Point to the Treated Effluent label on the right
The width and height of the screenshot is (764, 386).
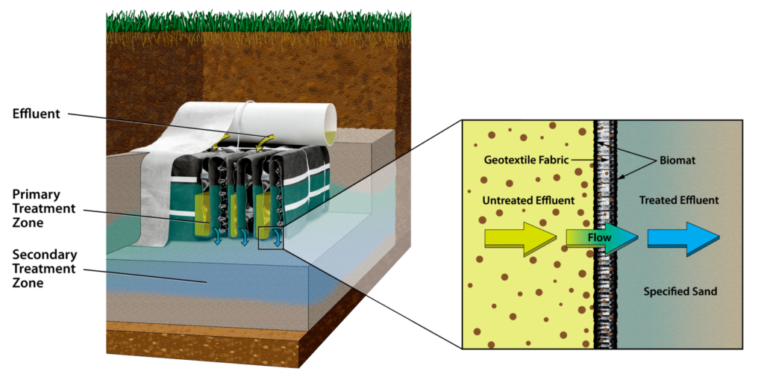coord(679,200)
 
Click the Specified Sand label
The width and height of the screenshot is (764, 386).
coord(680,291)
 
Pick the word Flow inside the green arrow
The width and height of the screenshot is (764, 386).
coord(598,238)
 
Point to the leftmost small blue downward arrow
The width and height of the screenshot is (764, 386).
coord(216,237)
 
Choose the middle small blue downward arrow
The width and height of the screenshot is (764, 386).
coord(244,239)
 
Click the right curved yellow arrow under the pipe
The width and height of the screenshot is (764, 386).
coord(266,138)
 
